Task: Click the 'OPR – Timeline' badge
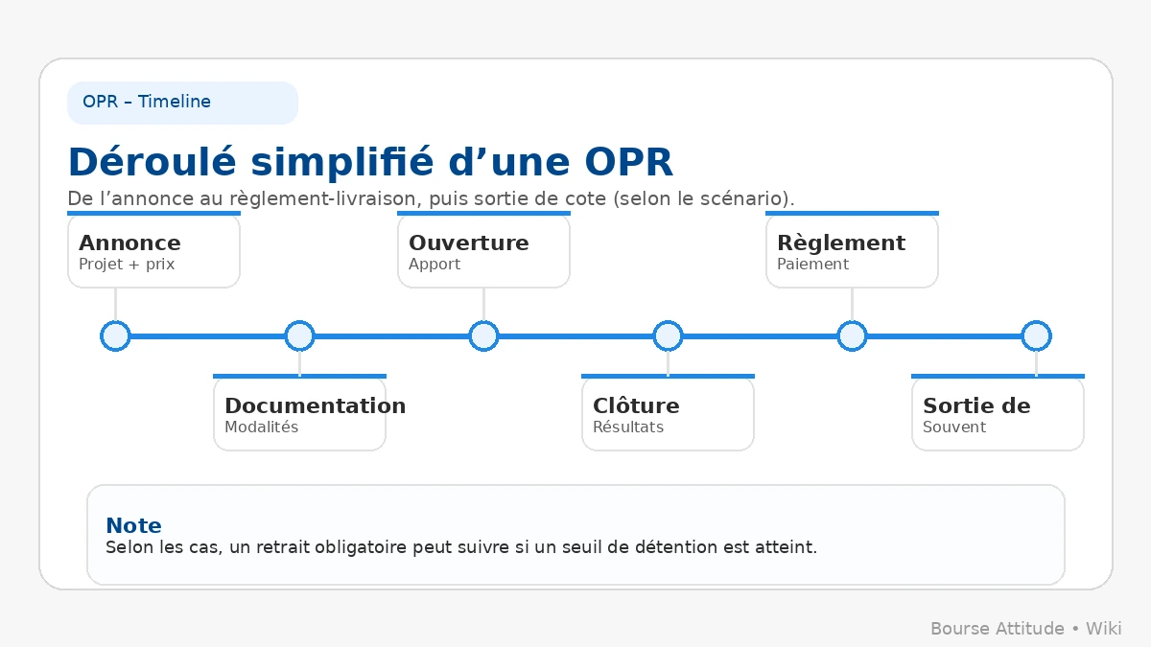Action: (182, 103)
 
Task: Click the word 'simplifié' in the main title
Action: (342, 162)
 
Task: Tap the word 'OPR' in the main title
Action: (628, 162)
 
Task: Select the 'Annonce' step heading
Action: (129, 243)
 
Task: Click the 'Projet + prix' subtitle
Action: (127, 265)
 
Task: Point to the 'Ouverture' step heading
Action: (469, 243)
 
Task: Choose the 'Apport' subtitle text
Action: (435, 265)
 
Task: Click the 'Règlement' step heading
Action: (841, 243)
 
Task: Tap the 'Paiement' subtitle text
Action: (812, 264)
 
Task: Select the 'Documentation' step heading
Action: (315, 405)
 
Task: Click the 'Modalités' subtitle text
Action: (261, 427)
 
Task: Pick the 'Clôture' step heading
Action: (636, 405)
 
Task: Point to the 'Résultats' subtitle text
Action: (628, 427)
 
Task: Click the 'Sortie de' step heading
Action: (976, 405)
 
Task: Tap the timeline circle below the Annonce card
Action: (115, 336)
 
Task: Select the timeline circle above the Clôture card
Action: (668, 336)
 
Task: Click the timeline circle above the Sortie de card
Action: (1036, 336)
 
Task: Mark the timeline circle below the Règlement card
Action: (852, 336)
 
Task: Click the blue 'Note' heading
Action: (133, 525)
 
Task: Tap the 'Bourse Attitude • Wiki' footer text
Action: (1026, 629)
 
